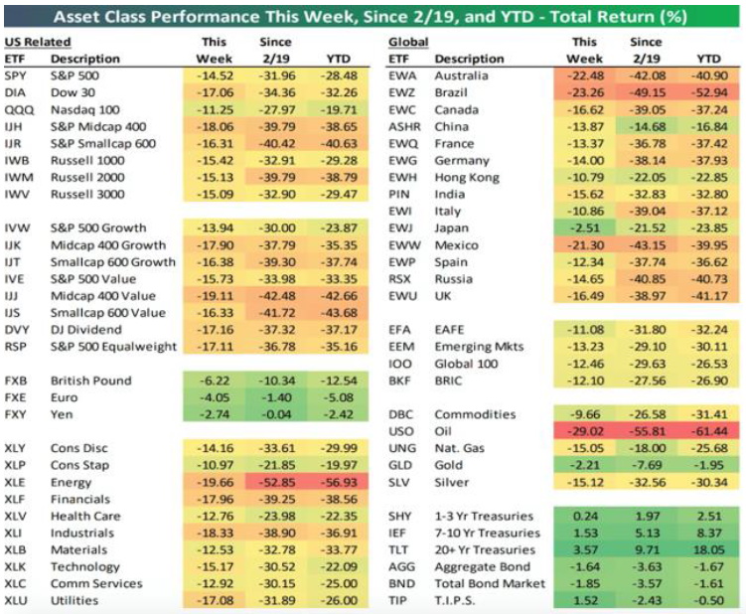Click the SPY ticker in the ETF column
[17, 76]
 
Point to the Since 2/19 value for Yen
[277, 414]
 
